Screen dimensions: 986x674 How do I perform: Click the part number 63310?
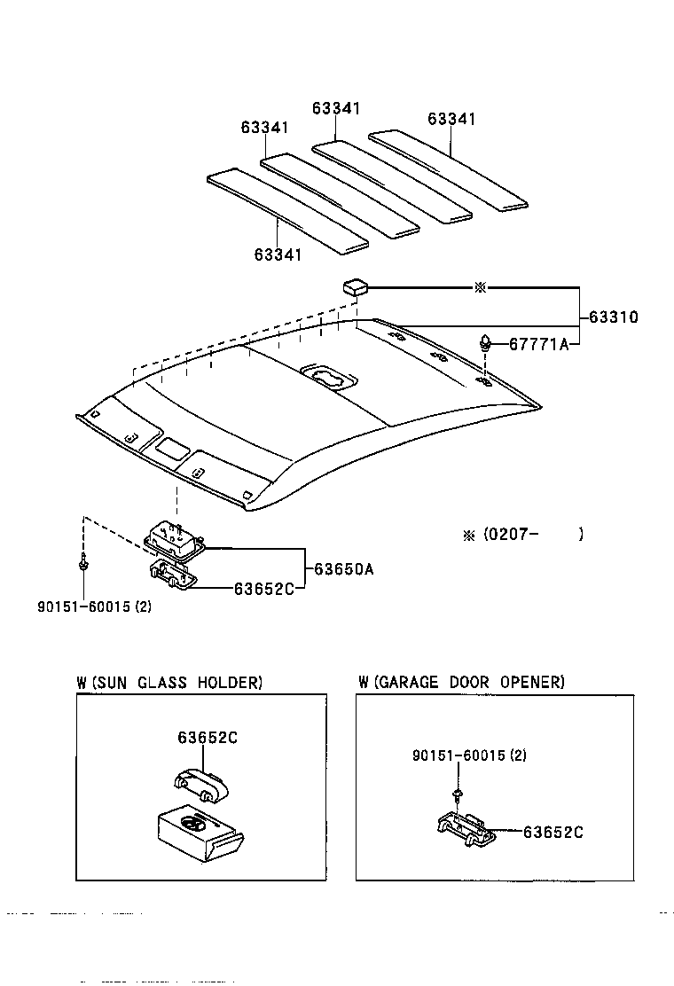tap(613, 317)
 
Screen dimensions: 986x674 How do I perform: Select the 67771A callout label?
tap(538, 345)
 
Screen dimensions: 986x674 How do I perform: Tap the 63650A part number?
tap(341, 569)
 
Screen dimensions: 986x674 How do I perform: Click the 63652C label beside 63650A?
tap(263, 588)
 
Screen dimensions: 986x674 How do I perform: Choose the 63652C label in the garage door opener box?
tap(553, 832)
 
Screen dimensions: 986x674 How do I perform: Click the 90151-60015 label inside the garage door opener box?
tap(469, 755)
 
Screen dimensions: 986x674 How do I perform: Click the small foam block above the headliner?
tap(355, 286)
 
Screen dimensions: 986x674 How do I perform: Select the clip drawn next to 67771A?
tap(486, 341)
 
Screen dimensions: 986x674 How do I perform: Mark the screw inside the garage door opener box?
tap(457, 790)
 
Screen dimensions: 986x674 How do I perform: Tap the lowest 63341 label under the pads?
tap(278, 254)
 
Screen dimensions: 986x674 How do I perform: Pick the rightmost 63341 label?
tap(451, 119)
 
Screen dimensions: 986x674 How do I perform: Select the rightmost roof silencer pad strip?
tap(449, 170)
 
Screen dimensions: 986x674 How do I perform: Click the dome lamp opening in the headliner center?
tap(329, 379)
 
